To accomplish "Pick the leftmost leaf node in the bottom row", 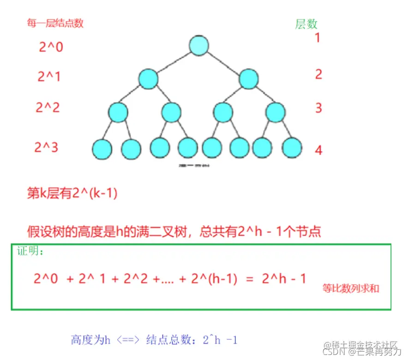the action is tap(102, 148).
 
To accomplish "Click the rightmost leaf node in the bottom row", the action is tap(292, 148).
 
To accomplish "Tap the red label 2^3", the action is tap(46, 148).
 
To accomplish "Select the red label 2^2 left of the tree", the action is tap(48, 108).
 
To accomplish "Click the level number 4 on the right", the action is tap(318, 150).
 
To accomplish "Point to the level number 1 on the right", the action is tap(317, 38).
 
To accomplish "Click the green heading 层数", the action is tap(306, 24).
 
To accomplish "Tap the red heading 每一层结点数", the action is tap(55, 23).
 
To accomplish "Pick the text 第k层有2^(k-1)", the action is tap(72, 193).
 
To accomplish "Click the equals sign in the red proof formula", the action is tap(250, 279).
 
